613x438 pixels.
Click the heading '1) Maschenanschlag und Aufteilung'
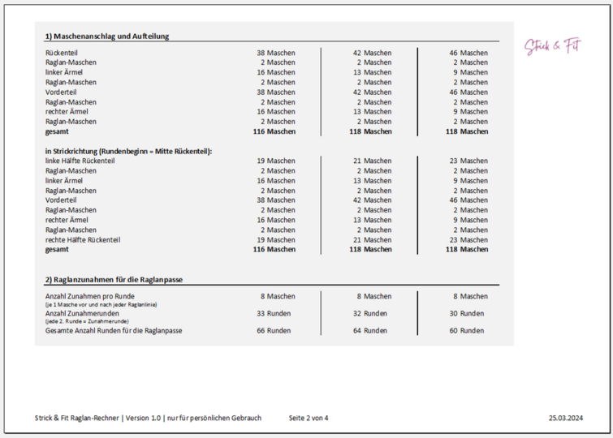click(x=107, y=36)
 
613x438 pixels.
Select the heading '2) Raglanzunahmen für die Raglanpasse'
click(x=114, y=279)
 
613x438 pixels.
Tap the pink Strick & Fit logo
click(x=552, y=47)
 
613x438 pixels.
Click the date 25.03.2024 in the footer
click(x=566, y=418)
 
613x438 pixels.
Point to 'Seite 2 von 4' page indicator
click(x=309, y=418)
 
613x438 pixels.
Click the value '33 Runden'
click(x=274, y=313)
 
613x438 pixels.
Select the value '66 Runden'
click(x=274, y=330)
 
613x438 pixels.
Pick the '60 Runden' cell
click(x=466, y=330)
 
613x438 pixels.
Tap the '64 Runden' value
click(x=369, y=330)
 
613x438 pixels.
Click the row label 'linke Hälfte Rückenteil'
click(x=80, y=161)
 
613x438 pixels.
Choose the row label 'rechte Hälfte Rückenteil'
click(x=83, y=239)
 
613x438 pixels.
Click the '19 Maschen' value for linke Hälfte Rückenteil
click(x=276, y=161)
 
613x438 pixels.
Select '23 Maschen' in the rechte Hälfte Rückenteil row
click(x=468, y=239)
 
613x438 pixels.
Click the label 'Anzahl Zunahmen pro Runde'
click(x=90, y=296)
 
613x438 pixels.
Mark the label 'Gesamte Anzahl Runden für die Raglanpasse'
click(x=114, y=330)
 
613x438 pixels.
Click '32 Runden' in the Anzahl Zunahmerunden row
click(x=369, y=313)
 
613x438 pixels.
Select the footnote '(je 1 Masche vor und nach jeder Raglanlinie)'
click(x=101, y=304)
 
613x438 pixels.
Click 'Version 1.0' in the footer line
click(x=144, y=418)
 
